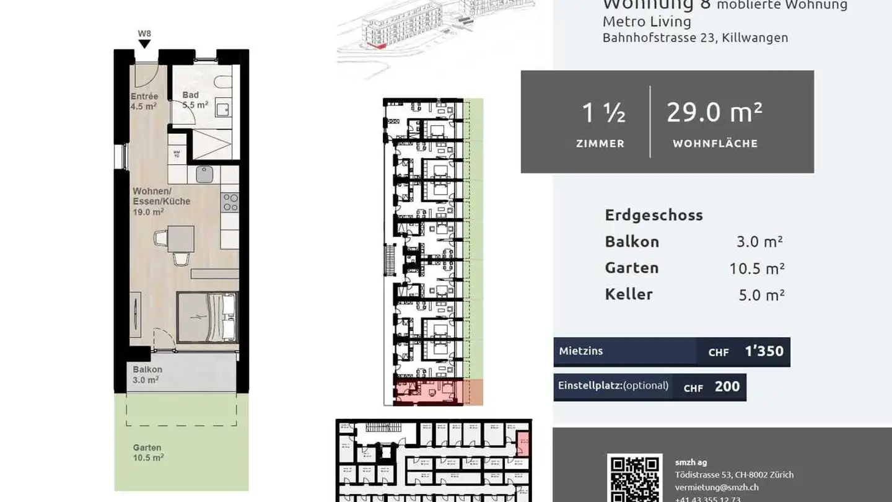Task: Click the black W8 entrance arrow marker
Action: pos(144,43)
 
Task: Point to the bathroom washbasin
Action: pos(222,110)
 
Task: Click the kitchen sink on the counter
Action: pos(204,174)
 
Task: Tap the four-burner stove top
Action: pos(230,202)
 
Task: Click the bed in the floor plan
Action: pos(207,317)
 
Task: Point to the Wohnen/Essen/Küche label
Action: pos(161,201)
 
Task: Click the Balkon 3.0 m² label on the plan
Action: pos(147,374)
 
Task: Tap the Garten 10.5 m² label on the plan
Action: pos(148,452)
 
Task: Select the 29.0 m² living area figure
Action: pos(714,113)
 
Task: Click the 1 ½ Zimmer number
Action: pos(602,113)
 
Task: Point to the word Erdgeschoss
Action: pos(654,215)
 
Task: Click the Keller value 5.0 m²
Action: pos(761,295)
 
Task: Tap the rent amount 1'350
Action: pos(764,351)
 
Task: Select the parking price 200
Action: pos(727,387)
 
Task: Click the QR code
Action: pos(634,478)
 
